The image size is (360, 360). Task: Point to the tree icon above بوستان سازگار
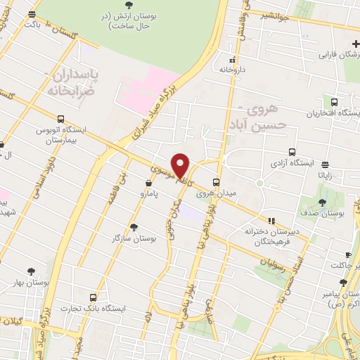click(134, 226)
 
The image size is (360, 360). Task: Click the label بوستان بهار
click(31, 282)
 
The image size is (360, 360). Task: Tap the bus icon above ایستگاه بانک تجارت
click(94, 297)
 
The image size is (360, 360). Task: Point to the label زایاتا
click(328, 174)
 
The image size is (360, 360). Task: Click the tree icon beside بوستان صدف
click(322, 202)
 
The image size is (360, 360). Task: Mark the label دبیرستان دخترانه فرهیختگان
click(272, 235)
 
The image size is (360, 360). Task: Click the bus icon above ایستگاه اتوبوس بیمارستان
click(61, 119)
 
